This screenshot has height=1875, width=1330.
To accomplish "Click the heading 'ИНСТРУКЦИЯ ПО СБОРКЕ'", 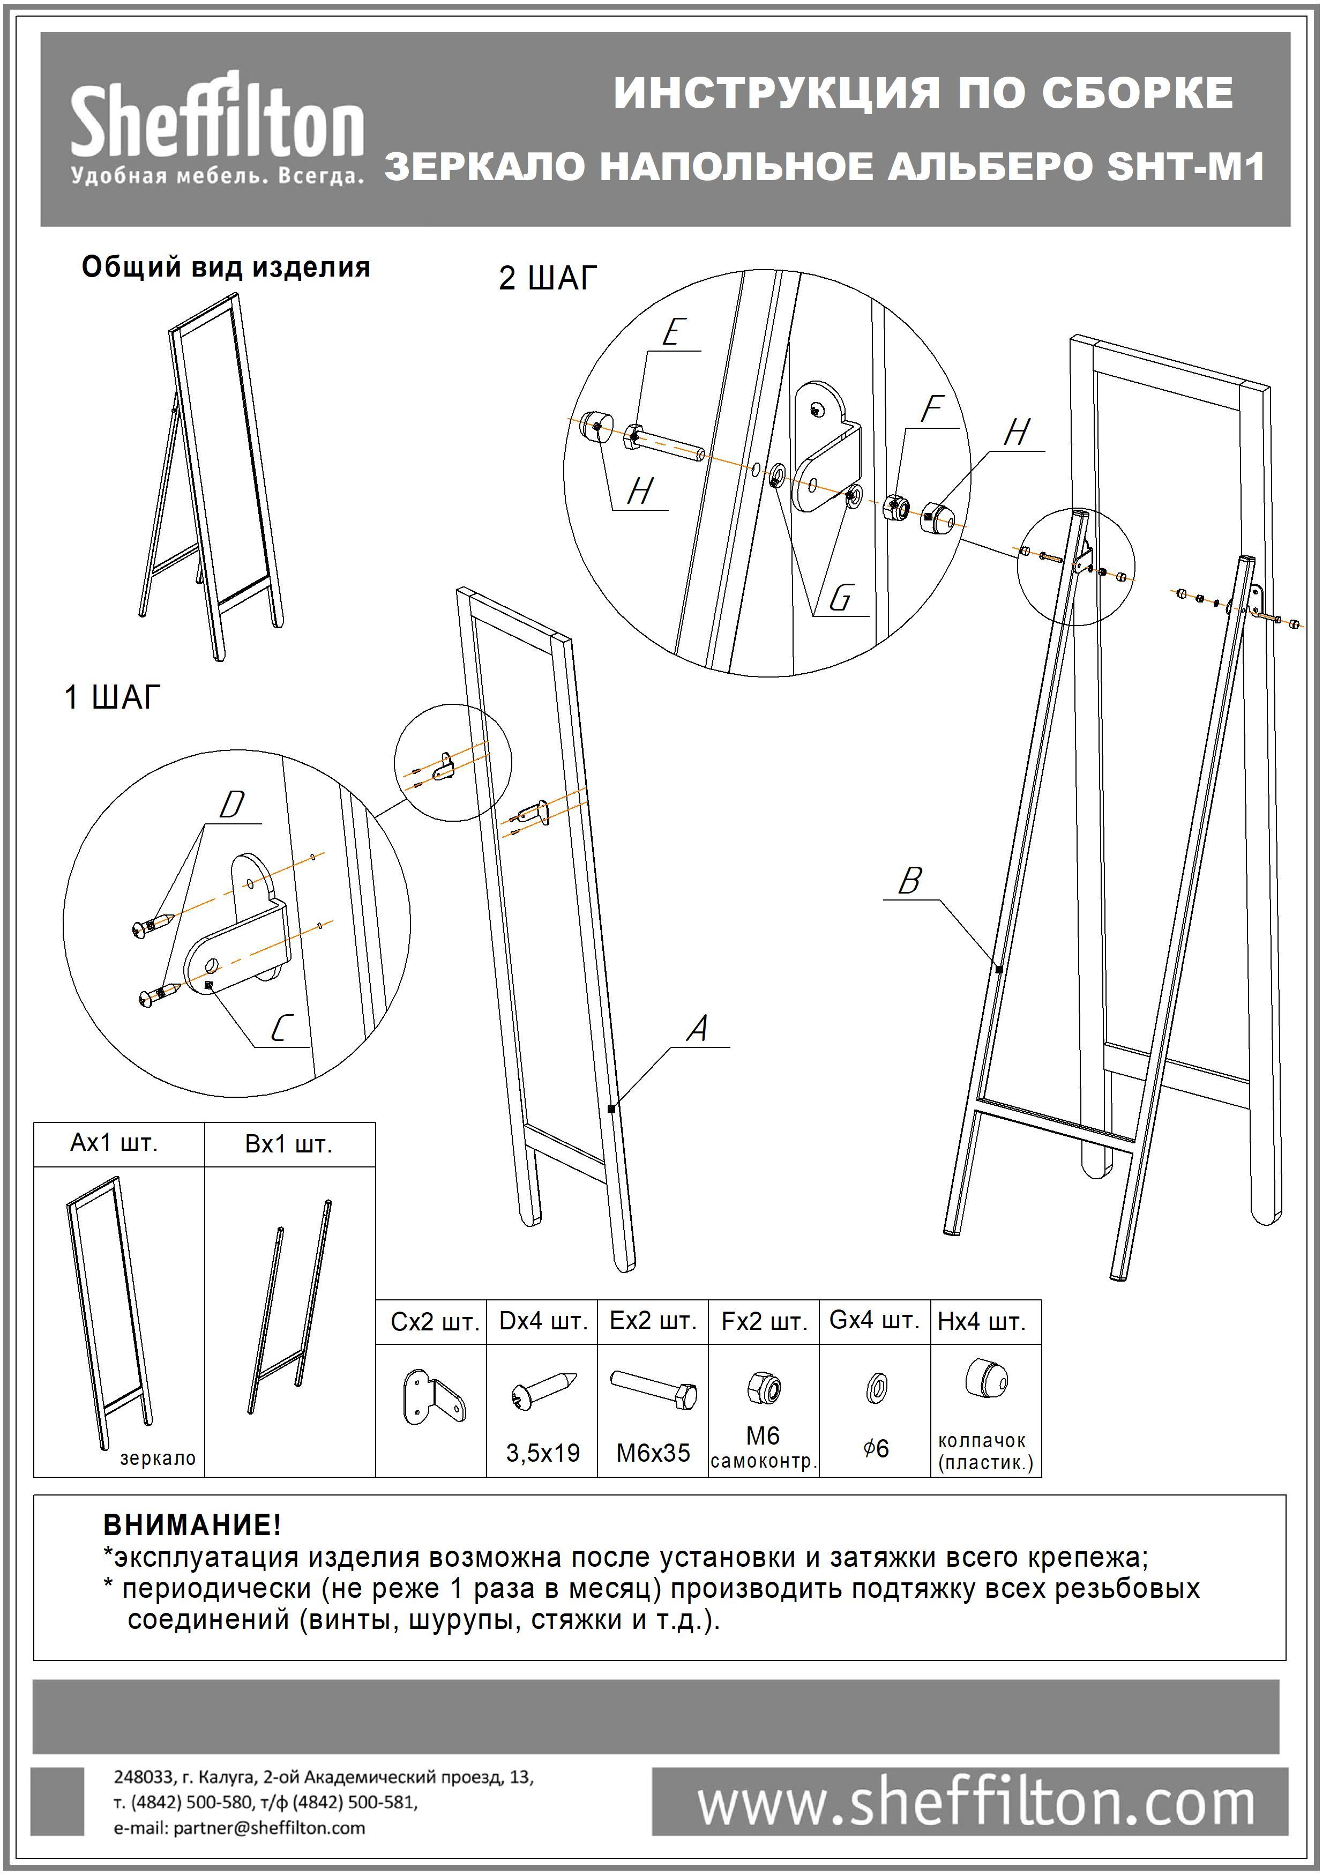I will (923, 93).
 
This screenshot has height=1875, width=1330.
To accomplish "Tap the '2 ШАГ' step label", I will (548, 279).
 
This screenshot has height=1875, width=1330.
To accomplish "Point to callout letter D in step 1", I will (232, 805).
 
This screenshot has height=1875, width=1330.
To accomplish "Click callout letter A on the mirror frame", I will (697, 1029).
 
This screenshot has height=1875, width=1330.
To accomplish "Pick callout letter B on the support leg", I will (910, 881).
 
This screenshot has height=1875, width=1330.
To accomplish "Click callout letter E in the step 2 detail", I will (671, 332).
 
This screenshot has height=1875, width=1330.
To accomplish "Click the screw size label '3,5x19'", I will (542, 1452).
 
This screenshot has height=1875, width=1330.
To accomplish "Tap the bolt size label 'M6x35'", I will (653, 1452).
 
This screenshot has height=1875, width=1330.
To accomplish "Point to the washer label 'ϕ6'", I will (876, 1448).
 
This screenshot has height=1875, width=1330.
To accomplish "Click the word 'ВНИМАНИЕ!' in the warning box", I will (192, 1524).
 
